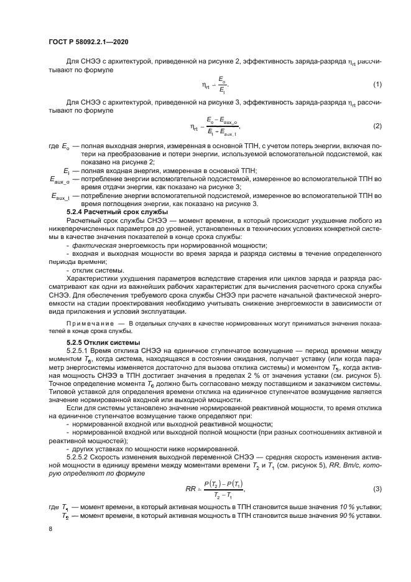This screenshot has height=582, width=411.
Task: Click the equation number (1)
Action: tap(377, 84)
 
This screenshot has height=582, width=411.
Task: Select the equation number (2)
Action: tap(377, 126)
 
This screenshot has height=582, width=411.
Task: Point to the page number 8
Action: tap(50, 528)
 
